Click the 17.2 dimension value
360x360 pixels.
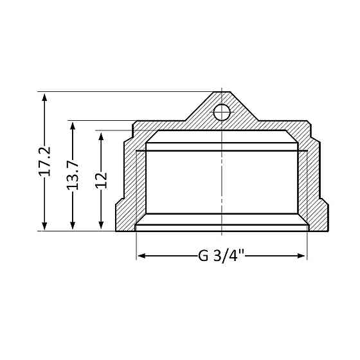click(x=44, y=161)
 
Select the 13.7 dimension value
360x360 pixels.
click(x=73, y=175)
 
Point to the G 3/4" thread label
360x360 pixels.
click(x=221, y=256)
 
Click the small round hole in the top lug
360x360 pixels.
click(x=221, y=113)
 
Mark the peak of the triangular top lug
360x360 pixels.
click(x=221, y=93)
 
